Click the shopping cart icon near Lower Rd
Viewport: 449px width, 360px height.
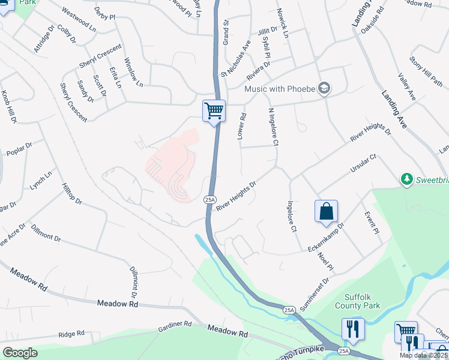click(214, 110)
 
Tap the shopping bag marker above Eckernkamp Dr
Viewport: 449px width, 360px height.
click(326, 211)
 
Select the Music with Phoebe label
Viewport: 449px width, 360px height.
click(279, 89)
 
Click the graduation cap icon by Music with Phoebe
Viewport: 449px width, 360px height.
click(325, 88)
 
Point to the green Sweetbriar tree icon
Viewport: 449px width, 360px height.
click(406, 179)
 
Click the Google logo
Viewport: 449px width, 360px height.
click(20, 352)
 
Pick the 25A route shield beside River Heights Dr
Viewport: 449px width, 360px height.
click(209, 199)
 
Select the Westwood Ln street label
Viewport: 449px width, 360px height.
click(79, 20)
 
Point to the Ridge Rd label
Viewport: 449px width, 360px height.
click(71, 335)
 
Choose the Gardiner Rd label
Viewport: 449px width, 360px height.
click(175, 326)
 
